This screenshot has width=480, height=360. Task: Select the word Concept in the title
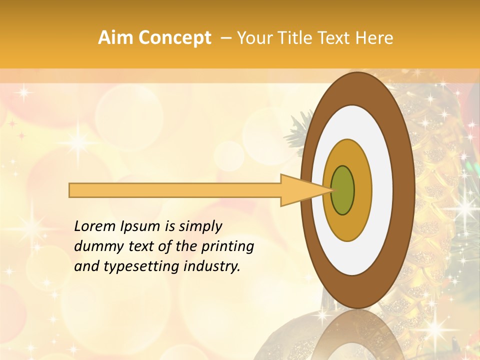(x=175, y=38)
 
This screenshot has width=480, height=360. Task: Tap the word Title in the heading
(x=288, y=38)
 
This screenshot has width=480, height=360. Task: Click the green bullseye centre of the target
(x=342, y=190)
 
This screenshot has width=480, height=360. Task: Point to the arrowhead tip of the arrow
(x=331, y=190)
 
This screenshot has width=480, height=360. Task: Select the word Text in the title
(x=333, y=38)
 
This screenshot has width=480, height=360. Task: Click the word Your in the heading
(x=252, y=38)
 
